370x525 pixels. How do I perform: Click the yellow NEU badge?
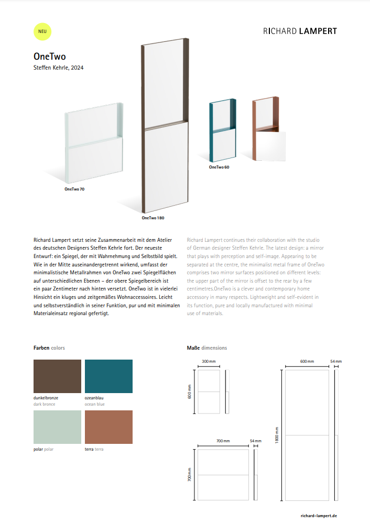[x=42, y=31]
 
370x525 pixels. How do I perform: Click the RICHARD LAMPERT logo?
[x=300, y=31]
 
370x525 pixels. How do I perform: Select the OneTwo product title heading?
[x=49, y=57]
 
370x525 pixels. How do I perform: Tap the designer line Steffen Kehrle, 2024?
[x=58, y=68]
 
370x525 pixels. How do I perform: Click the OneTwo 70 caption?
[x=74, y=189]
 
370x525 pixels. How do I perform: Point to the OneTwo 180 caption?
[x=153, y=217]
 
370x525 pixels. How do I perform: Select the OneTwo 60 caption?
[x=219, y=167]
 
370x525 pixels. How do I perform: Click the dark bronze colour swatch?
[x=57, y=376]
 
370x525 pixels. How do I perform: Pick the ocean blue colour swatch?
[x=108, y=376]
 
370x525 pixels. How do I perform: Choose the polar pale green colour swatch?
[x=57, y=427]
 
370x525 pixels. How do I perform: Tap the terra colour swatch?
[x=108, y=427]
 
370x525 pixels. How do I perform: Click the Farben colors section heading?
[x=49, y=348]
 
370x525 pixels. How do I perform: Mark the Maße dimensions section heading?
[x=207, y=348]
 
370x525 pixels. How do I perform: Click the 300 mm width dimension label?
[x=209, y=362]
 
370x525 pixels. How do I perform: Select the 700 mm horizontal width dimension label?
[x=223, y=441]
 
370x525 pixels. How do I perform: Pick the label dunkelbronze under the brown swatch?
[x=46, y=398]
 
